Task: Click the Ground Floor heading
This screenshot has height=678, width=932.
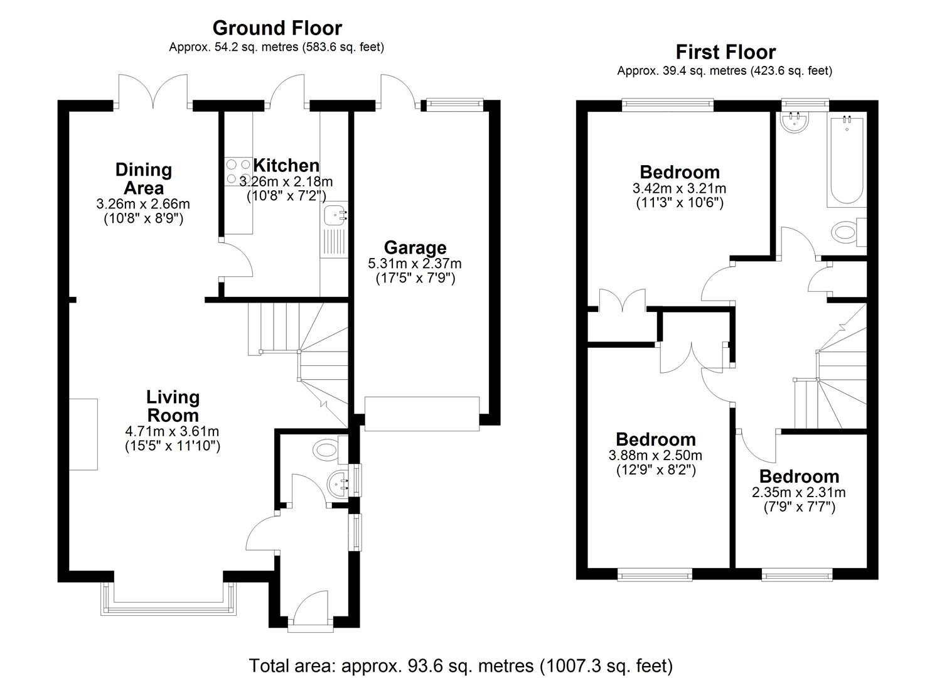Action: [277, 28]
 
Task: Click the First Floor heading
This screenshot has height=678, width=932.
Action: [725, 52]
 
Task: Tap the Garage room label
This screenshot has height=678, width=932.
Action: [415, 248]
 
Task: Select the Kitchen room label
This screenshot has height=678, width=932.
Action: [286, 166]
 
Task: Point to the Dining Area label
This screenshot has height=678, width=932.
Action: [144, 179]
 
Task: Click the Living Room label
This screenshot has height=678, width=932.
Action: [173, 406]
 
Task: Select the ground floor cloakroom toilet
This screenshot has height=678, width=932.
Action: [328, 449]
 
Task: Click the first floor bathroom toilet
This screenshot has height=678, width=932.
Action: [847, 232]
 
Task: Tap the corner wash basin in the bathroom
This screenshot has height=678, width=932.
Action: [795, 121]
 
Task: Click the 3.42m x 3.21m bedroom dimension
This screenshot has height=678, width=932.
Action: [679, 188]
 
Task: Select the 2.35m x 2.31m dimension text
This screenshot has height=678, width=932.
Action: [798, 493]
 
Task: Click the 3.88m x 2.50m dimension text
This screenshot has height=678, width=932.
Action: [655, 456]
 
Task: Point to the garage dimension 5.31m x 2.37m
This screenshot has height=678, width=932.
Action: [415, 264]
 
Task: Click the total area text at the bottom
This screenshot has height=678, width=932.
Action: [461, 665]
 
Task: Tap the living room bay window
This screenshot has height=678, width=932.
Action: [169, 600]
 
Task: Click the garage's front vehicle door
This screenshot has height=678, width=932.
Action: [422, 414]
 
